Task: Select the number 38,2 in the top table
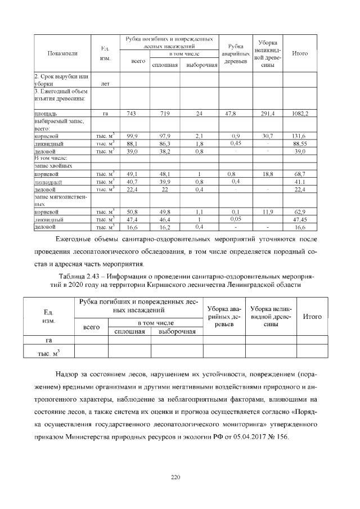(164, 151)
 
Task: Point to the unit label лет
(104, 84)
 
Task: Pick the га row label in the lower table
(48, 340)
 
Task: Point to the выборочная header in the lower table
(177, 332)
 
